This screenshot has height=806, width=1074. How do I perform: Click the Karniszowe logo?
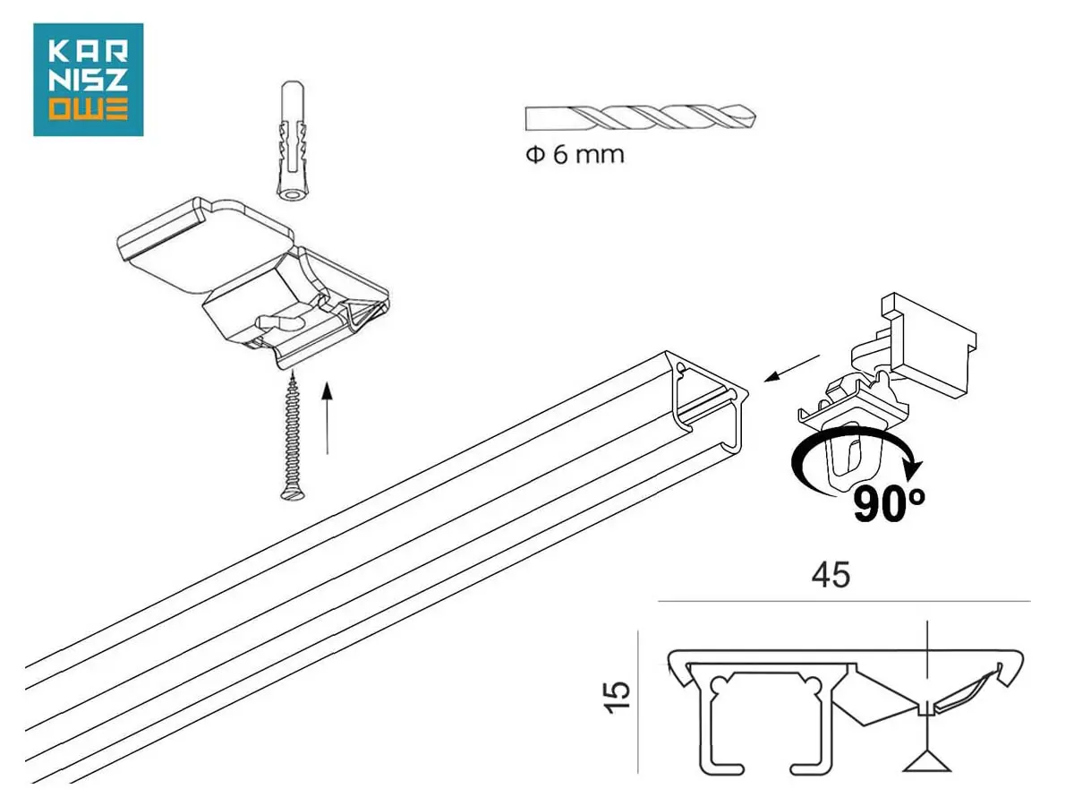(88, 80)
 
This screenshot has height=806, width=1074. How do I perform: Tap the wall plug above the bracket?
(293, 141)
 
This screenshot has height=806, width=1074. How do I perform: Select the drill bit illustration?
(640, 117)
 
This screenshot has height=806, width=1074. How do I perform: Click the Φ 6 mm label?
(575, 155)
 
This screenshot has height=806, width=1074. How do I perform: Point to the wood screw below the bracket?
(292, 436)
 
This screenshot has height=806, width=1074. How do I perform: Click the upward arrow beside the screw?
(328, 418)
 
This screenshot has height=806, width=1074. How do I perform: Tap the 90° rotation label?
(889, 503)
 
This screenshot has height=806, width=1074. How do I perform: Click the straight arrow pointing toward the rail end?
(791, 368)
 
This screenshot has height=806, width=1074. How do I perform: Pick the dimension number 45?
(831, 575)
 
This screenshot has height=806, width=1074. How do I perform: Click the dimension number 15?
(618, 697)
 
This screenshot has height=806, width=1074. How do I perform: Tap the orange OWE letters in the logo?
(89, 109)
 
